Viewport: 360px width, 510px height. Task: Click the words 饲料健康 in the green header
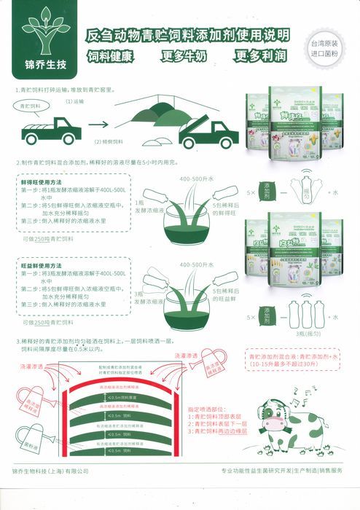pyautogui.click(x=114, y=56)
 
